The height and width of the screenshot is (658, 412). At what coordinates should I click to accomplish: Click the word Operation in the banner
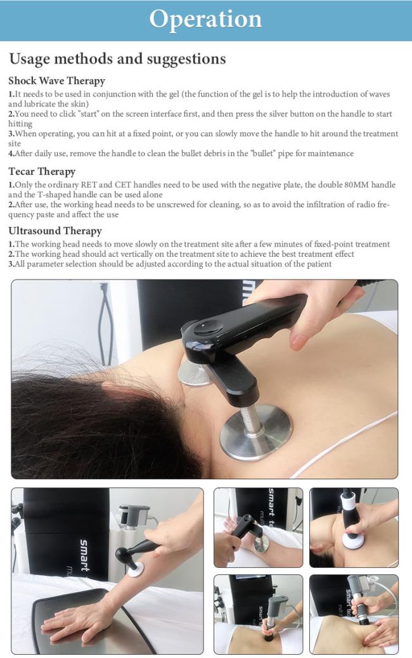205,19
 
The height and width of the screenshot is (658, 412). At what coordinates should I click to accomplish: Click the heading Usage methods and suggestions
117,59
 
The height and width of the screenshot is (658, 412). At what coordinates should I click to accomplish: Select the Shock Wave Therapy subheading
56,81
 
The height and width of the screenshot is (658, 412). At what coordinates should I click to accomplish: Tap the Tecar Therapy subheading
42,171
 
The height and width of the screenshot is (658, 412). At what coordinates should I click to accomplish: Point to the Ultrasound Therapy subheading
55,231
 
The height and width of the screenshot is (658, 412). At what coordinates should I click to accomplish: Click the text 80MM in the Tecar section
356,184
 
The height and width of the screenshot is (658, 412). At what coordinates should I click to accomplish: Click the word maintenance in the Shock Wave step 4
331,153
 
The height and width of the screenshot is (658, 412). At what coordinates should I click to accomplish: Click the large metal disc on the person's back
255,432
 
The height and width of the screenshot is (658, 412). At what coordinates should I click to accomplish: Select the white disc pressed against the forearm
136,569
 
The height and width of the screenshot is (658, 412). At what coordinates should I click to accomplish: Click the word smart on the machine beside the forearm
84,555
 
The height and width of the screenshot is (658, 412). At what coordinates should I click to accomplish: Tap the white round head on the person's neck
352,541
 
